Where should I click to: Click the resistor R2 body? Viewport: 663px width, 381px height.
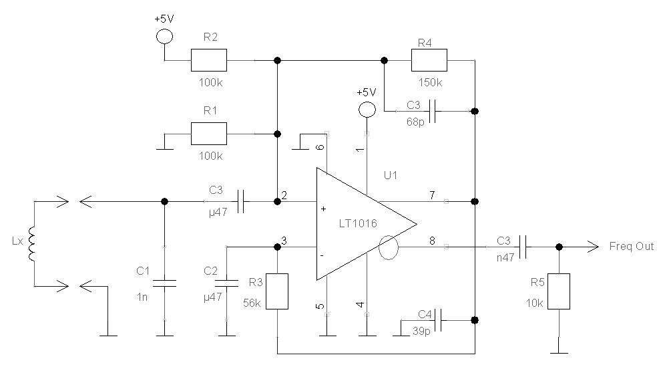coord(208,60)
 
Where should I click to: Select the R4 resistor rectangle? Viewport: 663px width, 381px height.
coord(429,60)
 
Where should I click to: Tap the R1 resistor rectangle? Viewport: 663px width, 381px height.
coord(208,134)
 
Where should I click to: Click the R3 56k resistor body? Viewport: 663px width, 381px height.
coord(276,291)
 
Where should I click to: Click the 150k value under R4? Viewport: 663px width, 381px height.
coord(429,83)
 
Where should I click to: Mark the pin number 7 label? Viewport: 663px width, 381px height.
coord(431,195)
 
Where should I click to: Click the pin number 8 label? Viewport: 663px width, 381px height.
coord(431,241)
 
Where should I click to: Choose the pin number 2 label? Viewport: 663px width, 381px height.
coord(284,196)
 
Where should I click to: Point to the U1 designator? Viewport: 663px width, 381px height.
coord(391,176)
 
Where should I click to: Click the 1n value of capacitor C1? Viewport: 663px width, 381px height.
coord(142,297)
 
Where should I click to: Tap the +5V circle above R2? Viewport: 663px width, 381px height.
coord(164,36)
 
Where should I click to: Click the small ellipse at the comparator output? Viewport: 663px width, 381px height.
coord(387,248)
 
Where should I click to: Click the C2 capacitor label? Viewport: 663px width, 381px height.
coord(210,270)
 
